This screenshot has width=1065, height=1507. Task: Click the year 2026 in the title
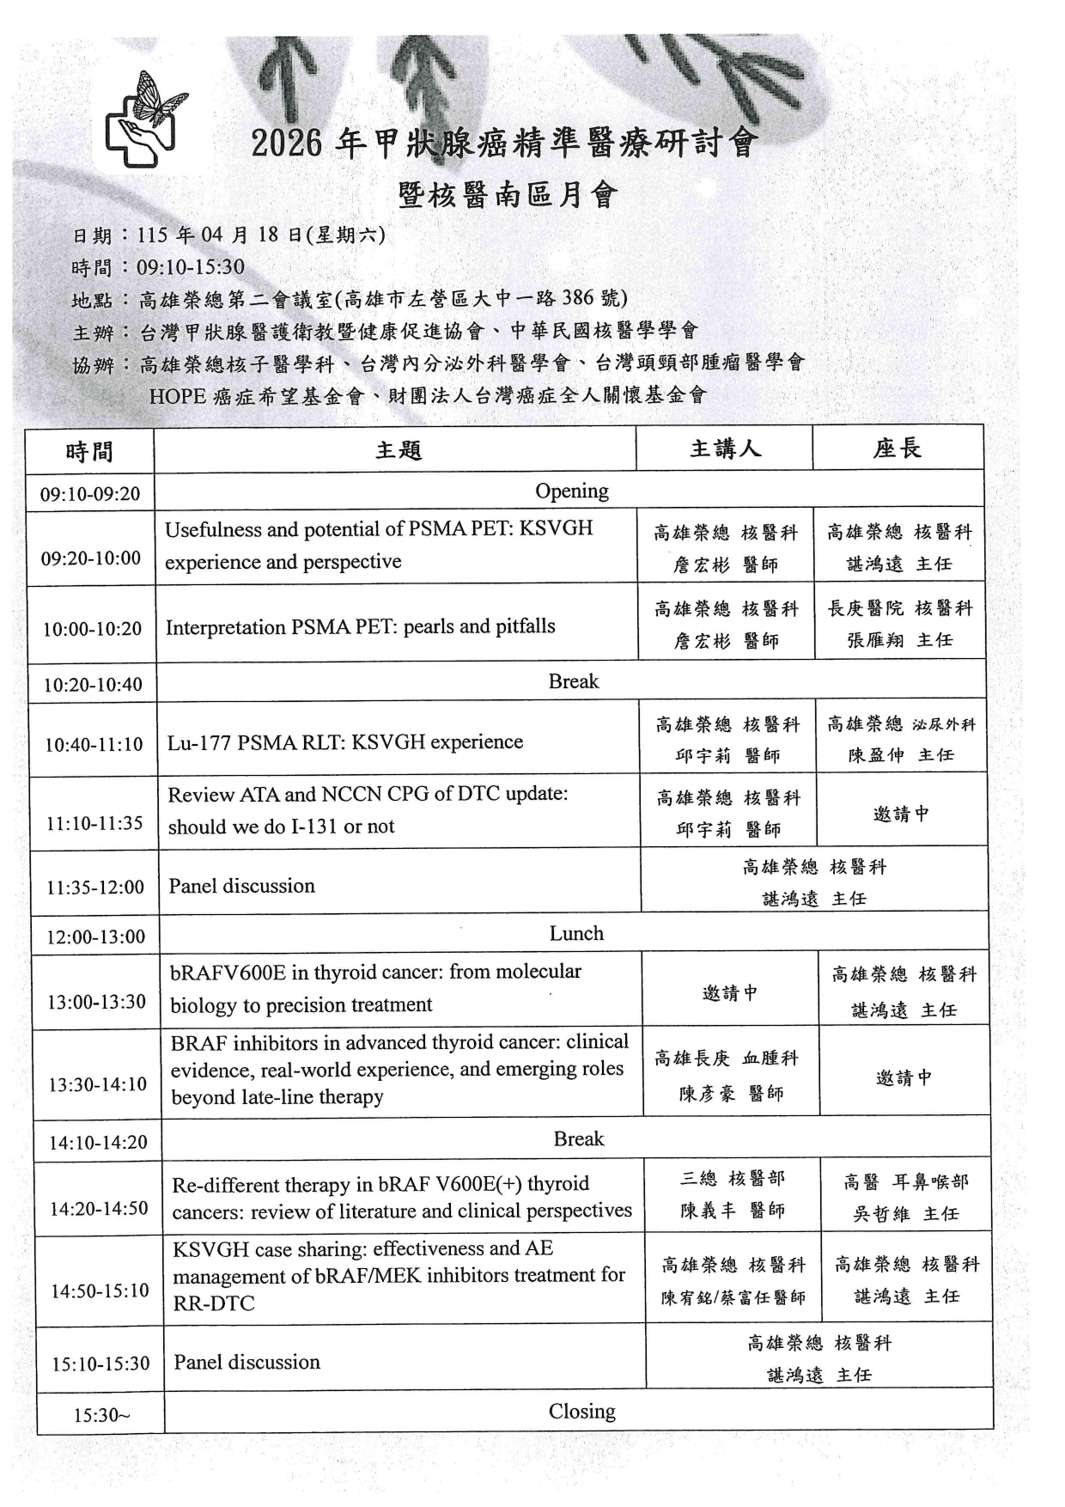click(x=286, y=144)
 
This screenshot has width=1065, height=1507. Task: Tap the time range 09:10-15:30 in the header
click(x=191, y=267)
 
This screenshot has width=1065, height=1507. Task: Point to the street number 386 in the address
click(x=578, y=298)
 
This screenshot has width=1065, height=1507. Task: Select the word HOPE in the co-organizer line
click(x=178, y=395)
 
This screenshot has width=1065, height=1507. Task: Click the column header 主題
click(x=399, y=450)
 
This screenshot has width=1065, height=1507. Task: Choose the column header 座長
click(x=898, y=448)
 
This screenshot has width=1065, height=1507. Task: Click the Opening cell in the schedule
click(x=572, y=491)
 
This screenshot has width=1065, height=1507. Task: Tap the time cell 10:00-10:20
click(x=93, y=629)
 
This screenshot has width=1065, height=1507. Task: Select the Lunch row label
click(x=576, y=933)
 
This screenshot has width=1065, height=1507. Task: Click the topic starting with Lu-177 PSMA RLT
click(x=345, y=741)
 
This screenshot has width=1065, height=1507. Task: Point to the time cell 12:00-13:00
click(x=96, y=937)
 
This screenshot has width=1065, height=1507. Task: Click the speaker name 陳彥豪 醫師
click(x=731, y=1094)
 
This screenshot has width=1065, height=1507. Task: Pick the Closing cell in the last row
click(x=582, y=1412)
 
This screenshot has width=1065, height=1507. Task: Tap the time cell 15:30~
click(x=101, y=1415)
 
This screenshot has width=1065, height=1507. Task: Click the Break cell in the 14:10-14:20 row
click(x=579, y=1138)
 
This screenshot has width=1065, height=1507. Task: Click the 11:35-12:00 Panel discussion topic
click(x=242, y=886)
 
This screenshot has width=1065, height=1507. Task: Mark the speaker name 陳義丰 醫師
click(x=733, y=1211)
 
